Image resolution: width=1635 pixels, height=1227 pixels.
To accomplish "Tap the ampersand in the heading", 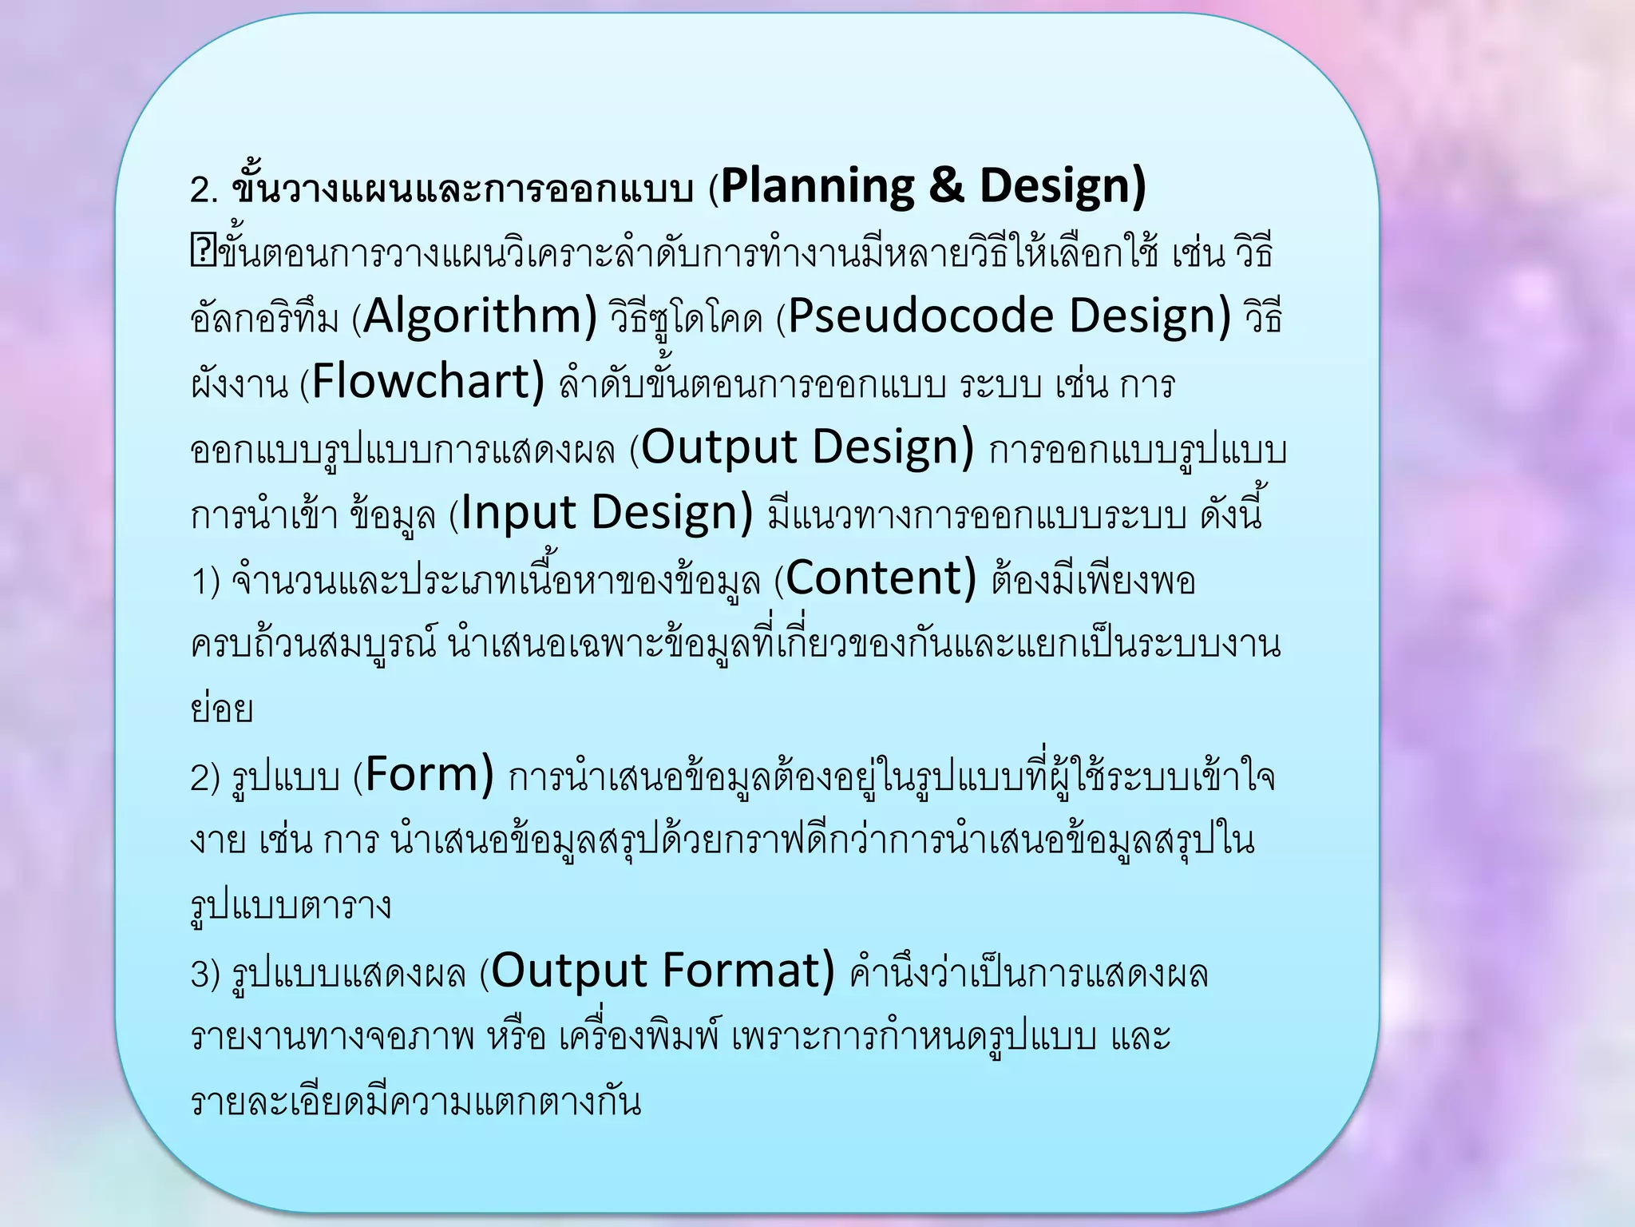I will point(946,186).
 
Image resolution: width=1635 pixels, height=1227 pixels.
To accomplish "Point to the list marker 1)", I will point(205,582).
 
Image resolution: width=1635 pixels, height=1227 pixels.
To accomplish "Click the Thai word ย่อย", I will point(222,709).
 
